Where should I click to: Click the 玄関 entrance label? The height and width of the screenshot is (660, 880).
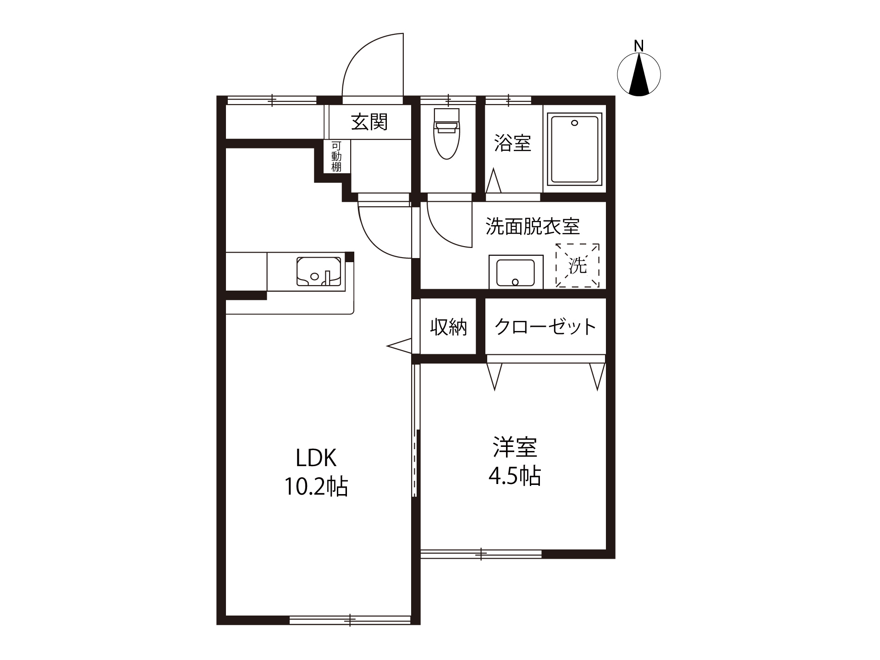(369, 122)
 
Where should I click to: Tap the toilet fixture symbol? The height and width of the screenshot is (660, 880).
(447, 133)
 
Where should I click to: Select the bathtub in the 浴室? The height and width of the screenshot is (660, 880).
(575, 149)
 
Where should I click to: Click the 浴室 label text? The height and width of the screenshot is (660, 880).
(512, 143)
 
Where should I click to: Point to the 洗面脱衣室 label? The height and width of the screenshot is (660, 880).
(533, 226)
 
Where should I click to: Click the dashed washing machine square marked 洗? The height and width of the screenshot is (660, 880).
(577, 265)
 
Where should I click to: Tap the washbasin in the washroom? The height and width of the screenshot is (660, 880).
(516, 272)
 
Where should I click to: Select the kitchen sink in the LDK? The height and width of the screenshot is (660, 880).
(319, 271)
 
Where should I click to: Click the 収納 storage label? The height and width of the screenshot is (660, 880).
(448, 327)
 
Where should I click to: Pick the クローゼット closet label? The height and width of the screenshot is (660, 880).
(545, 327)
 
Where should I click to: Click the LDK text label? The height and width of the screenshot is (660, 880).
(316, 457)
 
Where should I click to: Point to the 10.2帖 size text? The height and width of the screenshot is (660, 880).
(316, 486)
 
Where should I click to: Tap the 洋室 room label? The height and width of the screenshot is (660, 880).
(515, 447)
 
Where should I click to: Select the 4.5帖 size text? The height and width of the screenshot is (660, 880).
(515, 476)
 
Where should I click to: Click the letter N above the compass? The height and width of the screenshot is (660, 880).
(639, 46)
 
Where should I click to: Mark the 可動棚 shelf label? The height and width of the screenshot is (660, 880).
(336, 156)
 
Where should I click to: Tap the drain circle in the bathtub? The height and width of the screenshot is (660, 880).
(574, 123)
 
